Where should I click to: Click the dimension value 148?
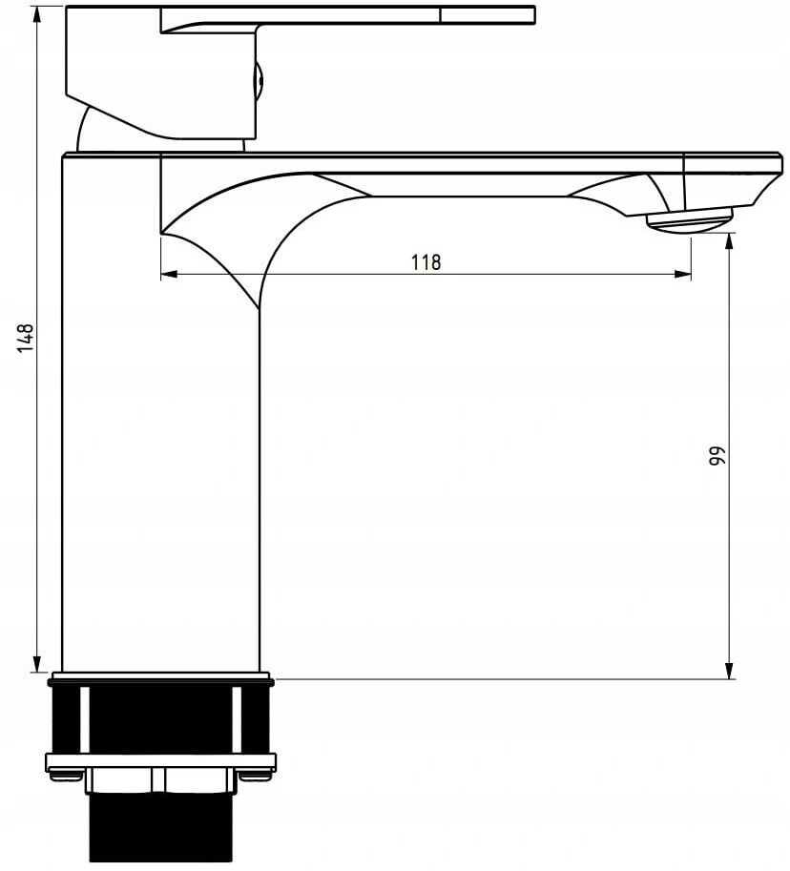pos(25,339)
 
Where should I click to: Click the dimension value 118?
pos(426,261)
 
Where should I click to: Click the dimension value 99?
pos(717,456)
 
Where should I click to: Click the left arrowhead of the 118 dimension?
pos(169,274)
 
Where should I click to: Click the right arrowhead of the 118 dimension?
pos(683,274)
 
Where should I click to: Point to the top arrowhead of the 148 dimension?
pos(37,15)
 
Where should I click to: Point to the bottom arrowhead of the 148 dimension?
pos(37,663)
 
